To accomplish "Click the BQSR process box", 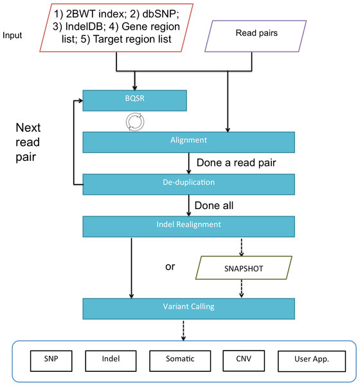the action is click(134, 100).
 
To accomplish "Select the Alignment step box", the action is click(189, 142).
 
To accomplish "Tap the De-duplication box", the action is click(189, 185).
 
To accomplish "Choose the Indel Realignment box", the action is click(189, 226).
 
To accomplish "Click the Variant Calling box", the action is click(189, 309).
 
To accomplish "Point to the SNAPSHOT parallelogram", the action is click(244, 268).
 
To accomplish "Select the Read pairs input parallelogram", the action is click(255, 36).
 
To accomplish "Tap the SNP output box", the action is click(51, 361).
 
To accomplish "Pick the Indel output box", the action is click(111, 361).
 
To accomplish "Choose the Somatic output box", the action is click(180, 361).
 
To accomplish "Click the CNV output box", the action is click(244, 361).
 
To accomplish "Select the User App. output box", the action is click(312, 361).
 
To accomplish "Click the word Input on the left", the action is click(12, 35).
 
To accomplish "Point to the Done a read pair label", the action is click(236, 163).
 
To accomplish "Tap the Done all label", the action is click(214, 206).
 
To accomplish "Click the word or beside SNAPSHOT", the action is click(170, 267).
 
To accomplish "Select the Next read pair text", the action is click(28, 142).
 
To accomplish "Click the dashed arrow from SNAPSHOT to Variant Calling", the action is click(242, 288).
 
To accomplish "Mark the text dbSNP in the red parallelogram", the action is click(161, 14).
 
